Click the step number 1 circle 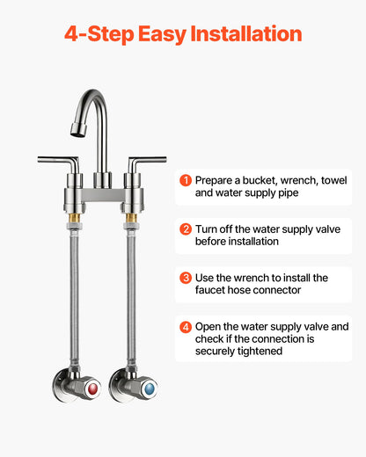186,179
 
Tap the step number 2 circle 186,228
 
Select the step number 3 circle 186,278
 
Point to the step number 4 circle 186,327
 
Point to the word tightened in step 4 257,352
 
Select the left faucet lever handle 57,160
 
